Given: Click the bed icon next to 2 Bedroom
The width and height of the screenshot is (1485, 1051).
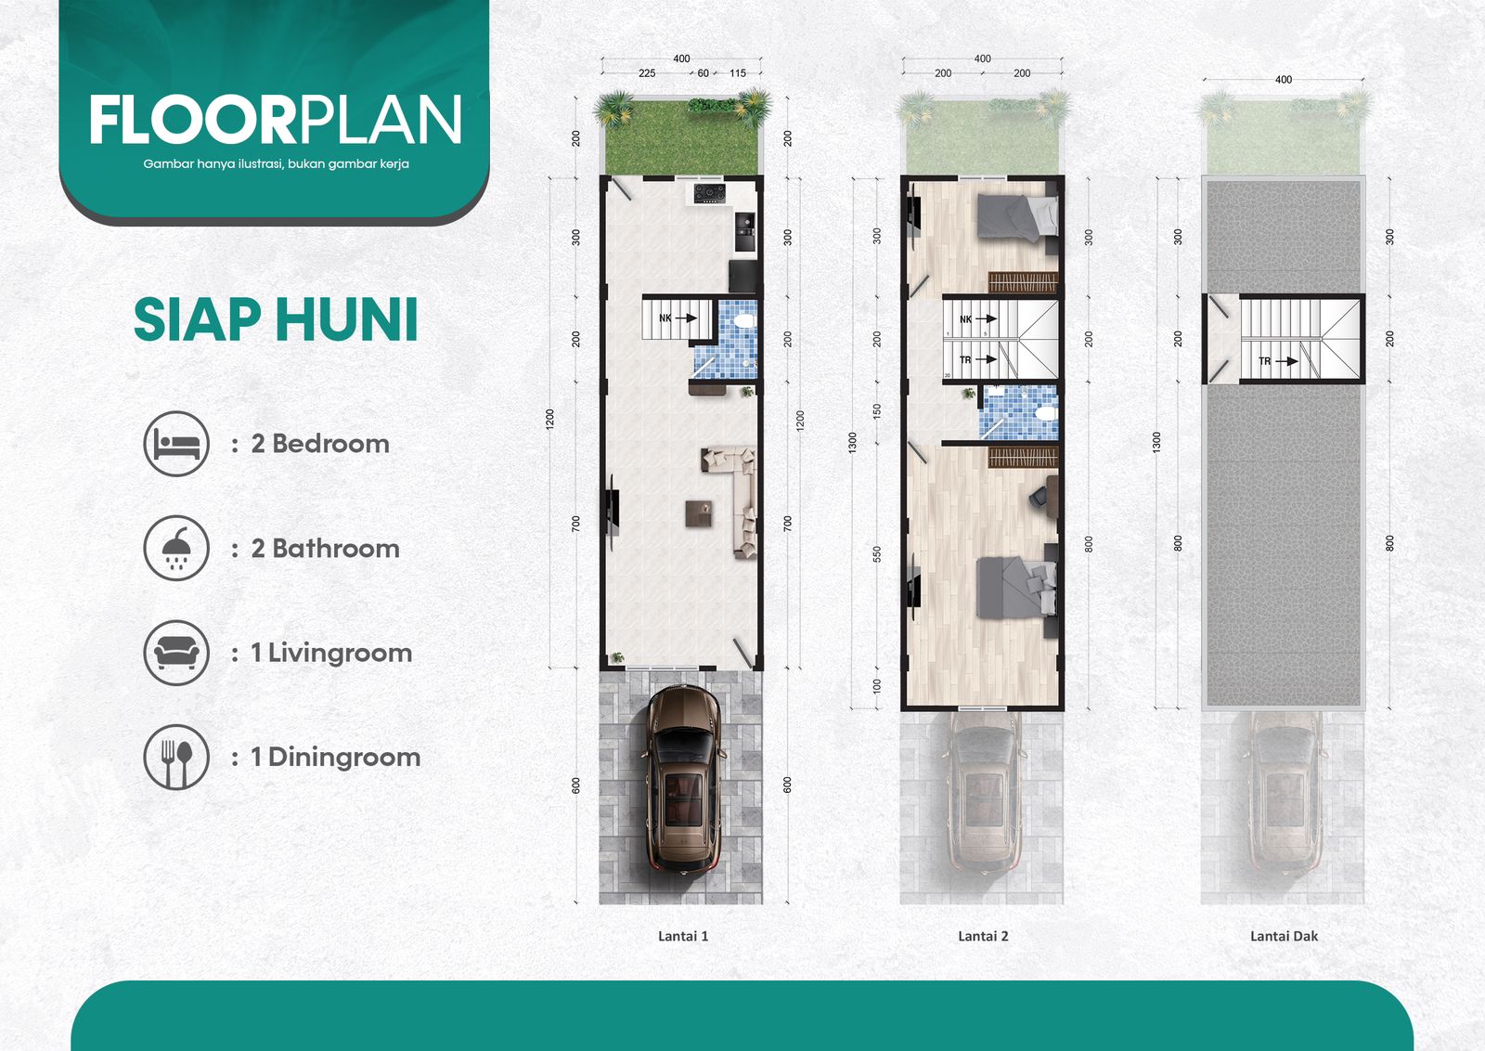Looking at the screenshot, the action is tap(176, 444).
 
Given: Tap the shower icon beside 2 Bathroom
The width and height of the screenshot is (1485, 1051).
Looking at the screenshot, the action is tap(176, 549).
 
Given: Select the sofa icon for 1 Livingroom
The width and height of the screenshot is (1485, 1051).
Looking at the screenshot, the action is tap(176, 653).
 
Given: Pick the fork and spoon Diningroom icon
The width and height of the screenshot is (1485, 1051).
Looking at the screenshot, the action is tap(176, 758).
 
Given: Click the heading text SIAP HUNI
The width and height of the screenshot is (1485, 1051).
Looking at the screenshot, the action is tap(276, 319).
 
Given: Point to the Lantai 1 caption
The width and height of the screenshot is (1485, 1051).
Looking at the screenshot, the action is tap(683, 936).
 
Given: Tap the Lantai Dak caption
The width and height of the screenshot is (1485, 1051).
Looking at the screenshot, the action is tap(1285, 936).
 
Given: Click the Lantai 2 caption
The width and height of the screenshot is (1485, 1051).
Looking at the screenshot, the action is tap(983, 936).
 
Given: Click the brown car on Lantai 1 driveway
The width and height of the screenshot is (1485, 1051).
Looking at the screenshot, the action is tap(683, 778).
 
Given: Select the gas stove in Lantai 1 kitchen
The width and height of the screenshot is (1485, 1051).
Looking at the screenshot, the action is tap(709, 193).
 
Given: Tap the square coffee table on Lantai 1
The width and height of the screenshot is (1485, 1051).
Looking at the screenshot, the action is tap(699, 513).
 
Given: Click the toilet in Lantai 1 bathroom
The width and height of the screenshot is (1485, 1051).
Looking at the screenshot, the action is tap(744, 321).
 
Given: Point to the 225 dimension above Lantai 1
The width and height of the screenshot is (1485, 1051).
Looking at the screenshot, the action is tap(647, 73).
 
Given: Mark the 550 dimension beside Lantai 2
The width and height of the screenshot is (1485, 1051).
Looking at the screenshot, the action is tap(877, 553).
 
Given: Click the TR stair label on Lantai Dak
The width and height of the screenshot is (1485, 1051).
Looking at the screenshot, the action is tap(1265, 361).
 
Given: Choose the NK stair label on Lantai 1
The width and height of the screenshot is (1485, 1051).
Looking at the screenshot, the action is tap(665, 318).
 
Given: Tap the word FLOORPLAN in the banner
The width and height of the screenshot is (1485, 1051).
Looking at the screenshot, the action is tap(276, 120).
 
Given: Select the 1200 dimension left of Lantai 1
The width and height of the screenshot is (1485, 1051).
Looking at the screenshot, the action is tap(549, 419).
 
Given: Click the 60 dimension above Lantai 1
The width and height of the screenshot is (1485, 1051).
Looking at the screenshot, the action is tap(703, 73).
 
